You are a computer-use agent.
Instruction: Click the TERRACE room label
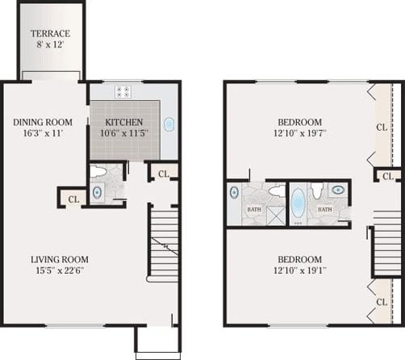click(x=50, y=34)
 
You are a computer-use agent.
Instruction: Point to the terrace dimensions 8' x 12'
click(x=50, y=47)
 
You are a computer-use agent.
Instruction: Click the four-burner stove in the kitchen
click(x=123, y=91)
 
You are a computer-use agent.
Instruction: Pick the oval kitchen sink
click(x=169, y=125)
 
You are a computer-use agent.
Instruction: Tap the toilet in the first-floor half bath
click(x=98, y=171)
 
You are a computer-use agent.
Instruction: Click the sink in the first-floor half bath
click(x=98, y=192)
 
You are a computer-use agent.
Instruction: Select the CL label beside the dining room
click(x=73, y=199)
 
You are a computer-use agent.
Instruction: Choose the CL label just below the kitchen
click(x=163, y=174)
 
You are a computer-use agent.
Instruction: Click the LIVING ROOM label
click(x=60, y=259)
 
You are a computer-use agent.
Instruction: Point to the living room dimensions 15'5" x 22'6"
click(x=60, y=271)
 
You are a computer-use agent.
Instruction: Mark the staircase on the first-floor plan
click(x=164, y=242)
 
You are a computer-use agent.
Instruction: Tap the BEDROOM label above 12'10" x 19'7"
click(x=299, y=122)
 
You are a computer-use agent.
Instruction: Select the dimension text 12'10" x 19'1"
click(x=299, y=271)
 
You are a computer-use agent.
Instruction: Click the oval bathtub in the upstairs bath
click(x=299, y=203)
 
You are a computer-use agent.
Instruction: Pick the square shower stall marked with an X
click(x=275, y=215)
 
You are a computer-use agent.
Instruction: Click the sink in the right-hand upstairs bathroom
click(x=338, y=191)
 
